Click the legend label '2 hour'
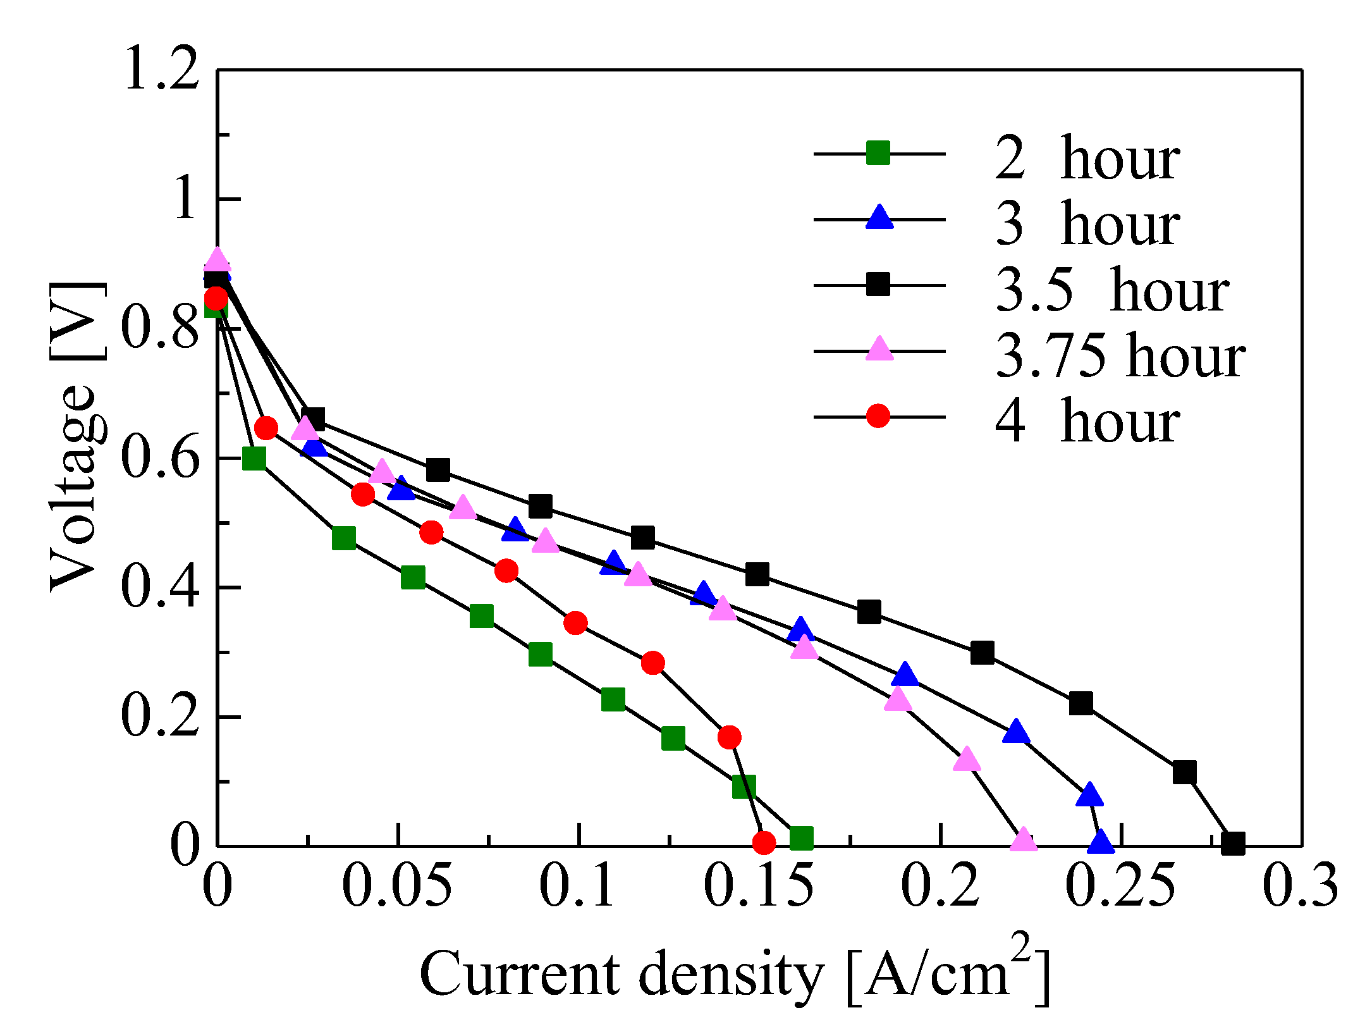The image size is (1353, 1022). (1087, 159)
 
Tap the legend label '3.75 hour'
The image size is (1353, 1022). (1120, 357)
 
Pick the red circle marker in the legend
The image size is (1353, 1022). (878, 416)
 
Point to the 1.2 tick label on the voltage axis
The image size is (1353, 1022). (162, 68)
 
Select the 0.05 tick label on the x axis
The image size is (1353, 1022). (397, 885)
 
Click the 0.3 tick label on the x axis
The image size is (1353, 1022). (1300, 885)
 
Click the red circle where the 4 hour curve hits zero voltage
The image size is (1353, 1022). (764, 842)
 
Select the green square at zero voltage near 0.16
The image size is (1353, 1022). (801, 838)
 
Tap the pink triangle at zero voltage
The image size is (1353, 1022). (1024, 841)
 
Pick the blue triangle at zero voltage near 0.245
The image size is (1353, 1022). (1101, 842)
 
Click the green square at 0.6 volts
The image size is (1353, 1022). (254, 459)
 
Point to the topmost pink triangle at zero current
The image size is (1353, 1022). (217, 259)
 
